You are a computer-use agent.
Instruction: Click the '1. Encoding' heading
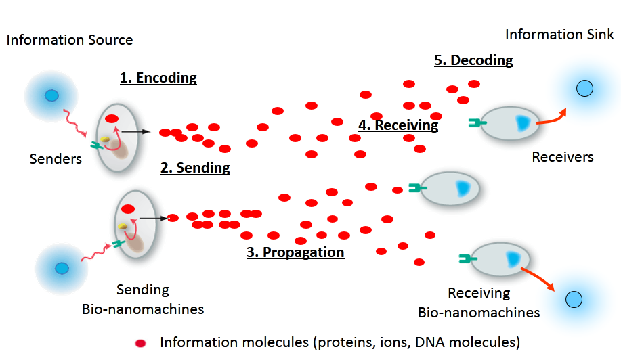[158, 78]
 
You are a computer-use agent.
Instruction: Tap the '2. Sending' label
[195, 168]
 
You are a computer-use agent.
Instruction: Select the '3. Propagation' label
[295, 253]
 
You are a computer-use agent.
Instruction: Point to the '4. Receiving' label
[398, 125]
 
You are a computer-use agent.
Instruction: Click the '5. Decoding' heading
[473, 60]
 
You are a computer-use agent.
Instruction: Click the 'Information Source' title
[70, 39]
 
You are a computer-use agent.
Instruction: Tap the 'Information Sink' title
[560, 35]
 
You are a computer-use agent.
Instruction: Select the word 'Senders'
[56, 159]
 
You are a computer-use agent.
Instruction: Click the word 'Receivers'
[563, 157]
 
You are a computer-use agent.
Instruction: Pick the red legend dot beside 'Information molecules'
[141, 342]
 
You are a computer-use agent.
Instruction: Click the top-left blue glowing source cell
[51, 95]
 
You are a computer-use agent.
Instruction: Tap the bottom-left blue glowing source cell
[62, 268]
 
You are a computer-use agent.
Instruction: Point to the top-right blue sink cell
[584, 88]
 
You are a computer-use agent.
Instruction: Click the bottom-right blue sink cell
[573, 298]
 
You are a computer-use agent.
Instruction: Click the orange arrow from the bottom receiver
[538, 277]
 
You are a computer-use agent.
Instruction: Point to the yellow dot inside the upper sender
[106, 139]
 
